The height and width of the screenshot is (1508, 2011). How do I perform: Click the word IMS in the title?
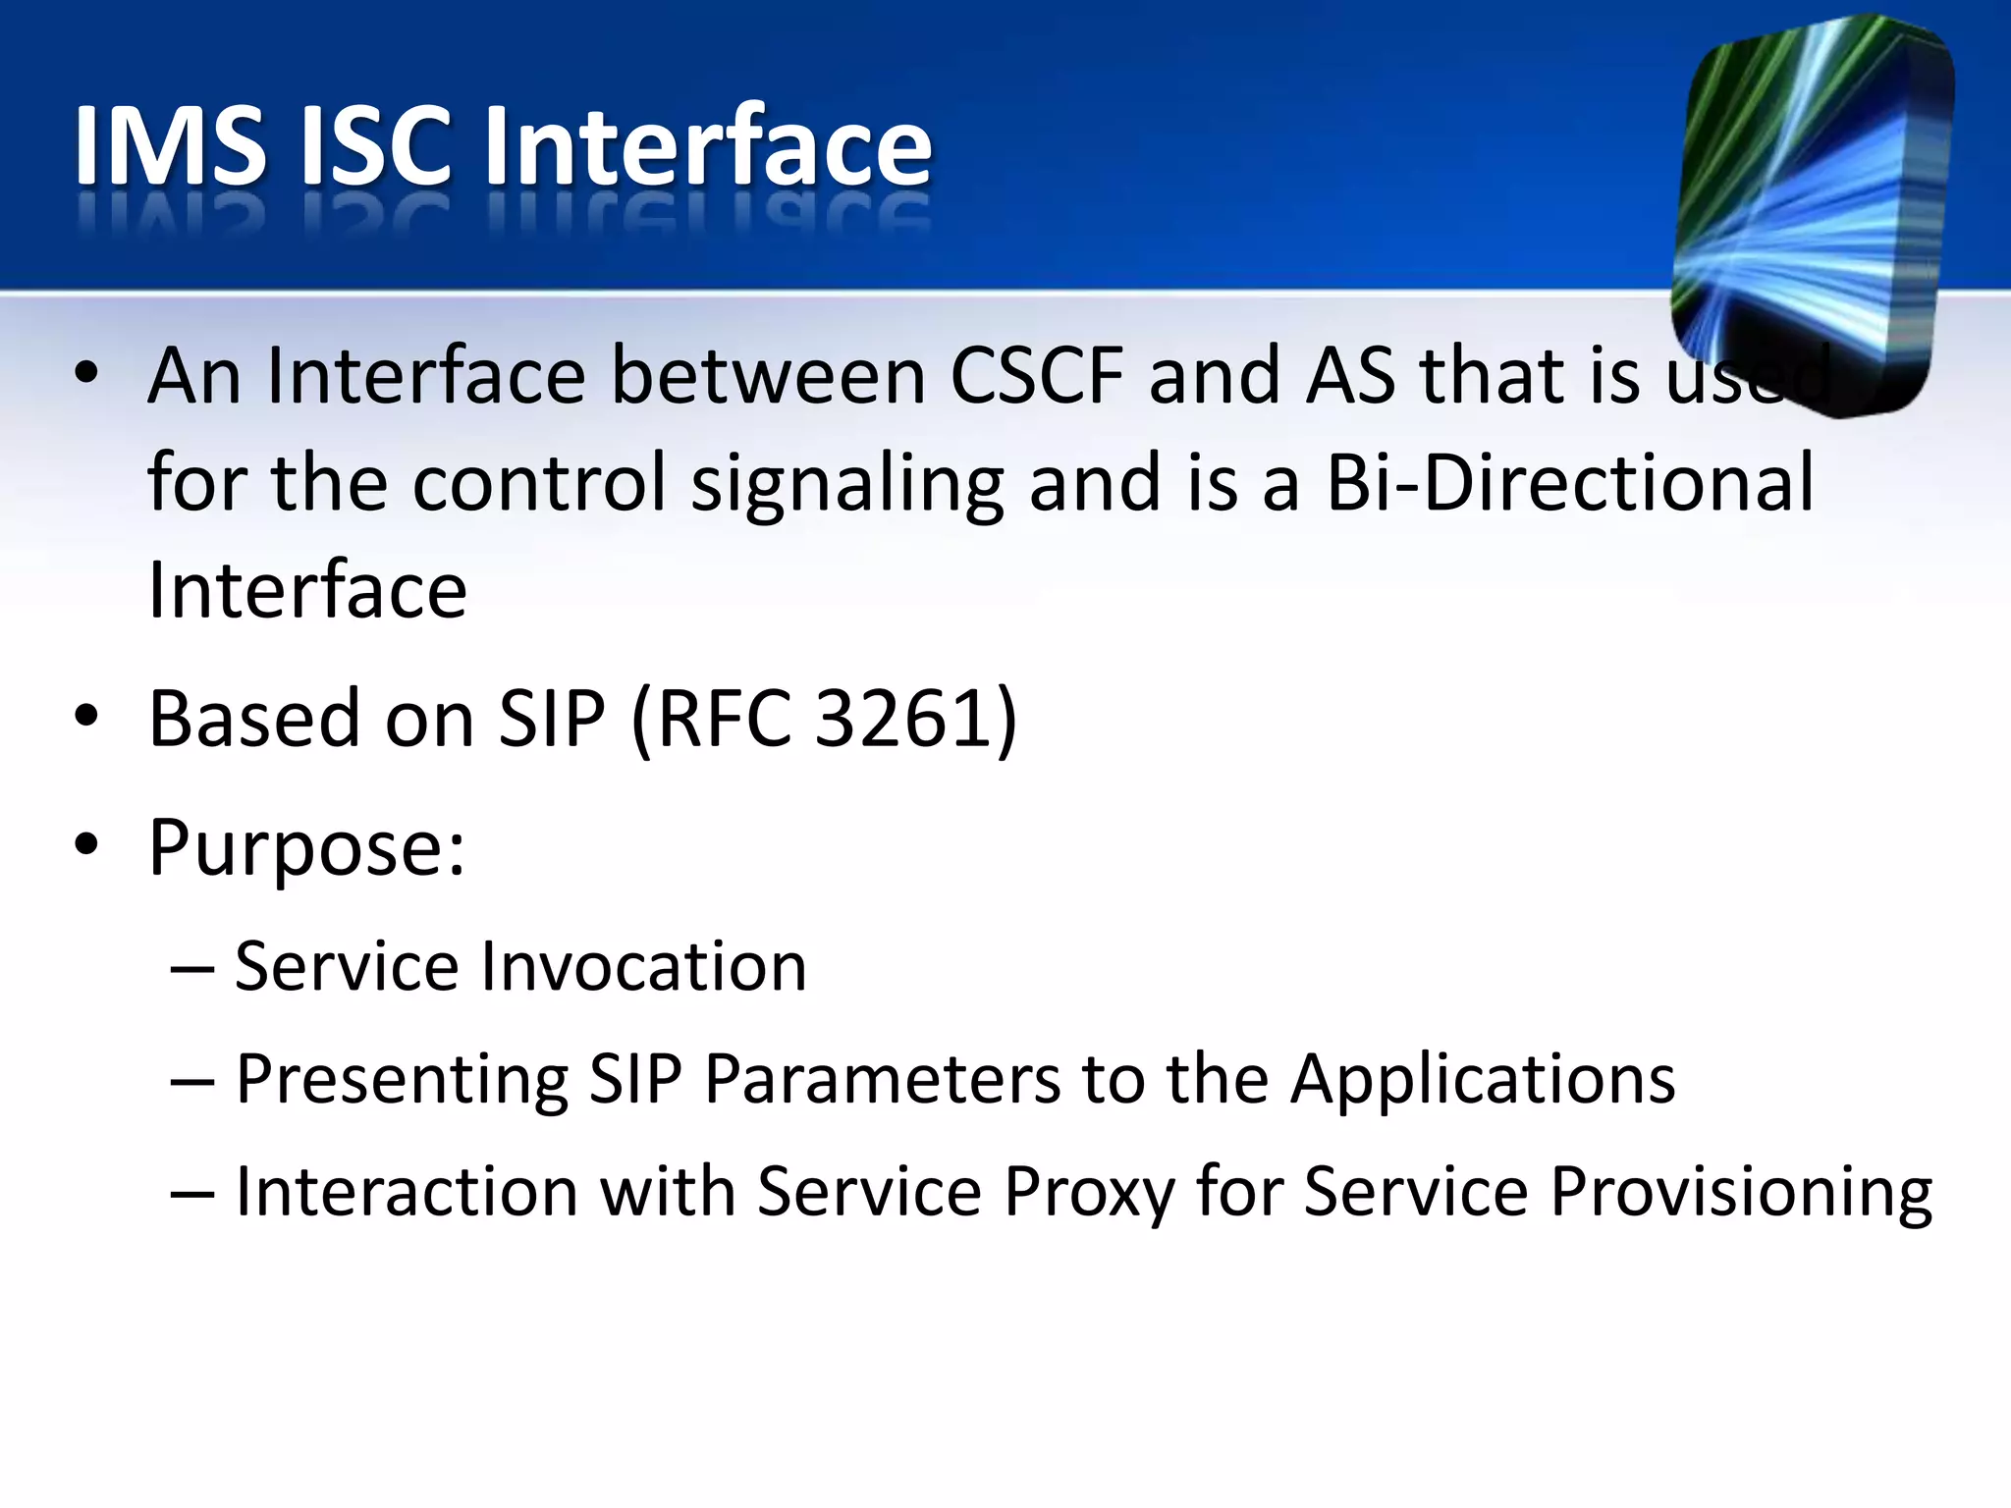pyautogui.click(x=170, y=147)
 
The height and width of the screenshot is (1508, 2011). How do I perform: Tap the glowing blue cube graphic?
pyautogui.click(x=1812, y=211)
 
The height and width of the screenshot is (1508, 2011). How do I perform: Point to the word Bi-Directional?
pyautogui.click(x=1569, y=483)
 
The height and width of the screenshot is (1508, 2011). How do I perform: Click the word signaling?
pyautogui.click(x=847, y=485)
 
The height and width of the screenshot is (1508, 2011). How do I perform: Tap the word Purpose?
pyautogui.click(x=306, y=848)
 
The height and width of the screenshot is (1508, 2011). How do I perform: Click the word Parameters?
pyautogui.click(x=883, y=1080)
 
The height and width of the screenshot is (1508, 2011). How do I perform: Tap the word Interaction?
pyautogui.click(x=407, y=1192)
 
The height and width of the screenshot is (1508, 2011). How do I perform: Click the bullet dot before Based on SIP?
pyautogui.click(x=86, y=717)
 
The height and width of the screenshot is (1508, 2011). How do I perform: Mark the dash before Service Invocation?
pyautogui.click(x=191, y=968)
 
